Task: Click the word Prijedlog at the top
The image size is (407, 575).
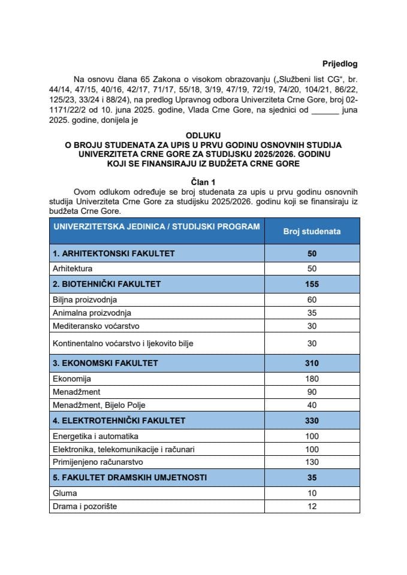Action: point(339,63)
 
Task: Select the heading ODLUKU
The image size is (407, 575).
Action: point(203,136)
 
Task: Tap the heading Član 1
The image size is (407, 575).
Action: point(203,181)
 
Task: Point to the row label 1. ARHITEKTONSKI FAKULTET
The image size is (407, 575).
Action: point(113,253)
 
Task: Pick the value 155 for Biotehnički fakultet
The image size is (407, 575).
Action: point(311,283)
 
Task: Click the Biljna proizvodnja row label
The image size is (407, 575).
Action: point(85,299)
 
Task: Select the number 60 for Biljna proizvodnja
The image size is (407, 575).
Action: point(311,299)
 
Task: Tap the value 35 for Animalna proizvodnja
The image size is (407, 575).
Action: point(311,313)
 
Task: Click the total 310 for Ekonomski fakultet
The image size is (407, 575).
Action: point(311,363)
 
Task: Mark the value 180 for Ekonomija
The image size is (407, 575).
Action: point(311,379)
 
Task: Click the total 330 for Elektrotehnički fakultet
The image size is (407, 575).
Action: point(311,420)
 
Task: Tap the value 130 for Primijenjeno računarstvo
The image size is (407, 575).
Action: point(311,462)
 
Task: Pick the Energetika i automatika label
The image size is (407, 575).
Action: point(96,435)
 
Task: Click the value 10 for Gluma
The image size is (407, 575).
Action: point(311,493)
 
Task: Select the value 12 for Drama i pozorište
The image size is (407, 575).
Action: point(311,507)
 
